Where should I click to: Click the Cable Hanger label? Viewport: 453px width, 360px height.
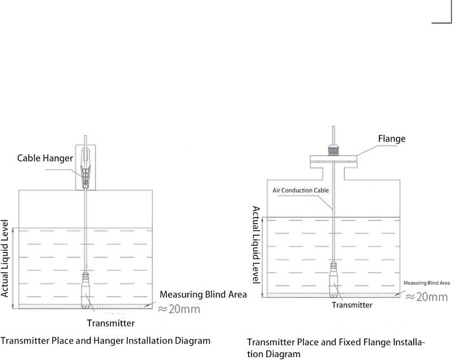45,158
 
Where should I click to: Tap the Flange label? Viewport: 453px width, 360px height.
392,139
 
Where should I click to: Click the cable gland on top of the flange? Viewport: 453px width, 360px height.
334,151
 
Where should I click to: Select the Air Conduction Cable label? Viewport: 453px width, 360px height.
301,191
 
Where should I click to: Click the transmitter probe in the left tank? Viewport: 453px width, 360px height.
86,290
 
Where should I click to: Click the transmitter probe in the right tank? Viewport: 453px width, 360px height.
334,280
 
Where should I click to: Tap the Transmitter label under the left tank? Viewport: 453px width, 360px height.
111,323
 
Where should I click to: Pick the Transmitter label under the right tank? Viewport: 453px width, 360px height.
352,305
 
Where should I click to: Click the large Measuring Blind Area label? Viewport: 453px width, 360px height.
203,294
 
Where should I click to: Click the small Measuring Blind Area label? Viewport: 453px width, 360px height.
427,283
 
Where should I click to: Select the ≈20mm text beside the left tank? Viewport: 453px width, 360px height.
179,309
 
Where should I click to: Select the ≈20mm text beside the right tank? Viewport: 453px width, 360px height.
427,297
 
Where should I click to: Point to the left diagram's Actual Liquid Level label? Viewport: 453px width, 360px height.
5,258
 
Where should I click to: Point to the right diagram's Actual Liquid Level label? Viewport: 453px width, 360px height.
257,245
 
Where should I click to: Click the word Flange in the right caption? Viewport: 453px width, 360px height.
365,342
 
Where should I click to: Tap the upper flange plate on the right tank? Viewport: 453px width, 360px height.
334,158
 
